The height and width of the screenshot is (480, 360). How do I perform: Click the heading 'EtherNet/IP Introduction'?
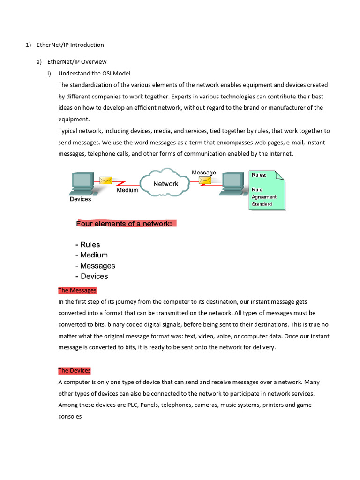tap(70, 45)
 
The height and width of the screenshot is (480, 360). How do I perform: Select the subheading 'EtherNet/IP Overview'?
tap(77, 61)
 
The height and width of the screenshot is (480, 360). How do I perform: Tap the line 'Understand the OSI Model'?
tap(94, 73)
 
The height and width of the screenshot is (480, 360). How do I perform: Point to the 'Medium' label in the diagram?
tap(127, 190)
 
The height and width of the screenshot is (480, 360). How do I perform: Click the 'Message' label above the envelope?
tap(204, 172)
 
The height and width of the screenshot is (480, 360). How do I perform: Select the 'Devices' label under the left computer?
tap(80, 199)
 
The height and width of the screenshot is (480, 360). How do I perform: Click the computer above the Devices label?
tap(82, 183)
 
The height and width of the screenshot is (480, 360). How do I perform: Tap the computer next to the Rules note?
tap(233, 183)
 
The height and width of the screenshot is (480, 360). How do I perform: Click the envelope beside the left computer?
tap(105, 180)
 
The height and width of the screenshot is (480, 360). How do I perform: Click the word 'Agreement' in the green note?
tap(264, 197)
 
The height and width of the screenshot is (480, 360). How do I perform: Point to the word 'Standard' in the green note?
tap(262, 204)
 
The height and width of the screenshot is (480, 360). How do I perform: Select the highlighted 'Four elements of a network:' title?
tap(126, 224)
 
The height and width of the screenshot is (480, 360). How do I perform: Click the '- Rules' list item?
tap(88, 245)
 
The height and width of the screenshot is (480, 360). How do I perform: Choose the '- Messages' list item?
tap(95, 266)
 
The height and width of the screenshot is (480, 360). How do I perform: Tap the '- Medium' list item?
tap(91, 255)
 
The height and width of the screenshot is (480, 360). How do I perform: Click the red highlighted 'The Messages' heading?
tap(77, 290)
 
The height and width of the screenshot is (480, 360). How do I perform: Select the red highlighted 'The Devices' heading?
tap(75, 370)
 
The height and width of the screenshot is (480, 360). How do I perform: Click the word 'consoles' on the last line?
tap(70, 416)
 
